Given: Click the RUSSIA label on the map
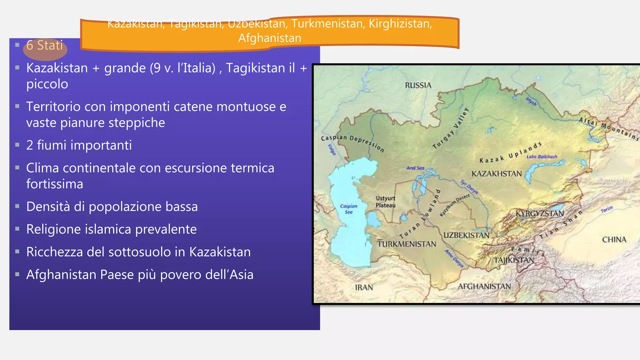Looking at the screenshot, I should pyautogui.click(x=418, y=85).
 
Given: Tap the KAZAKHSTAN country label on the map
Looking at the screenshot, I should pyautogui.click(x=496, y=174).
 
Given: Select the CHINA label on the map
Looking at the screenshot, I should pyautogui.click(x=614, y=240).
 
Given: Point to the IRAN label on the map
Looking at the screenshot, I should pyautogui.click(x=364, y=287).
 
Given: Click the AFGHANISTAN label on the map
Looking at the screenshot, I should pyautogui.click(x=484, y=286).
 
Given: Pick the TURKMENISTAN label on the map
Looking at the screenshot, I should pyautogui.click(x=407, y=244).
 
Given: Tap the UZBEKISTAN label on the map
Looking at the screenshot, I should pyautogui.click(x=466, y=235).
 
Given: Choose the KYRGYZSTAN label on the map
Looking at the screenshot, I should pyautogui.click(x=539, y=213).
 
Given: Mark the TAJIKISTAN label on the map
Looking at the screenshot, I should pyautogui.click(x=514, y=260).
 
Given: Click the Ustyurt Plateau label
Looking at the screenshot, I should pyautogui.click(x=385, y=202).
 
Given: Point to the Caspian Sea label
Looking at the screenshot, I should pyautogui.click(x=348, y=209).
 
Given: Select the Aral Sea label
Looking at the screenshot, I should pyautogui.click(x=415, y=168).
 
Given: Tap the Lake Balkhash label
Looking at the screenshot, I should pyautogui.click(x=542, y=157).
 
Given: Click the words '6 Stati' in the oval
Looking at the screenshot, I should pyautogui.click(x=45, y=46).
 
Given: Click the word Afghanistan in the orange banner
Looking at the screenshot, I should pyautogui.click(x=270, y=38).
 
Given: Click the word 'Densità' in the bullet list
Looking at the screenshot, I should pyautogui.click(x=48, y=207).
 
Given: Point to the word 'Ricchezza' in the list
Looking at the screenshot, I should pyautogui.click(x=54, y=252).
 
